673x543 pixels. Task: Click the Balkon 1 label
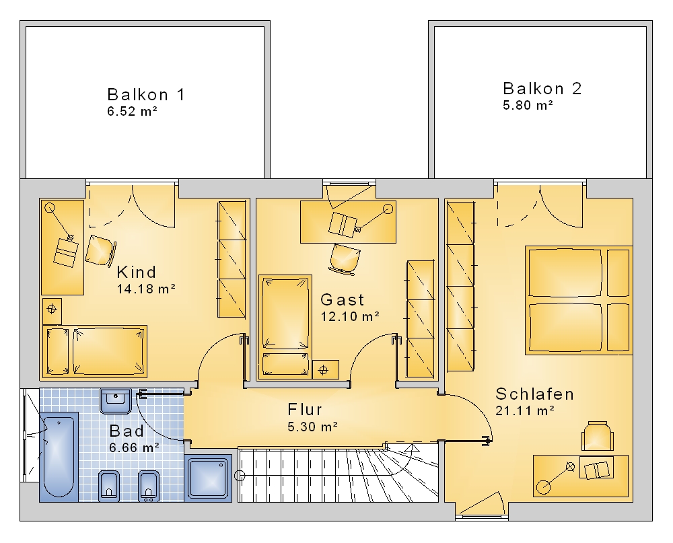(x=146, y=94)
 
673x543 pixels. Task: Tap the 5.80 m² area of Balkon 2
(x=528, y=105)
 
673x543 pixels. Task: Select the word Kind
(x=137, y=272)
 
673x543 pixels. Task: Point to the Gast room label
(x=342, y=299)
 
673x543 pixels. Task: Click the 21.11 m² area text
(x=524, y=411)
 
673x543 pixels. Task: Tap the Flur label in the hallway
(x=305, y=410)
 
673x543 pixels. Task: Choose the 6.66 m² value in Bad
(x=135, y=447)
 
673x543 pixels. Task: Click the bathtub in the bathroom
(x=59, y=457)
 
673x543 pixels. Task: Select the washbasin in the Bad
(x=116, y=401)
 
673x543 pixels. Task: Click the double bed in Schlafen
(x=579, y=301)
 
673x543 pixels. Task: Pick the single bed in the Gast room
(x=285, y=327)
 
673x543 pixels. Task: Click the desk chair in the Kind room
(x=100, y=250)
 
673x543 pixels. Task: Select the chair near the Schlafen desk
(x=597, y=436)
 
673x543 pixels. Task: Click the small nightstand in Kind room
(x=52, y=312)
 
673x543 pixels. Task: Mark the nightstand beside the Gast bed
(x=326, y=369)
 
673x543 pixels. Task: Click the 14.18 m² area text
(x=146, y=289)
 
